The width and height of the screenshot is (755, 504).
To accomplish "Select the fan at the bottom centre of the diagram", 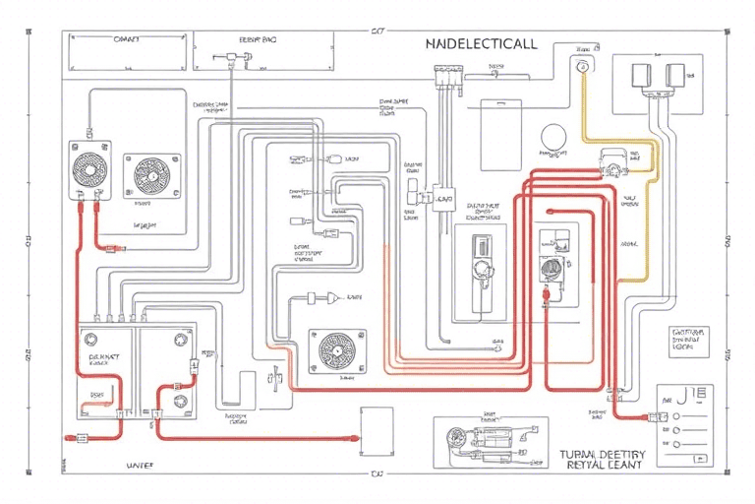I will click(x=337, y=351).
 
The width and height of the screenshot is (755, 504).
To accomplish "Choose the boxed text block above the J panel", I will click(x=687, y=341).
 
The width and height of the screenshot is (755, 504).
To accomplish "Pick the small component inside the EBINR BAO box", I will click(x=236, y=59).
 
